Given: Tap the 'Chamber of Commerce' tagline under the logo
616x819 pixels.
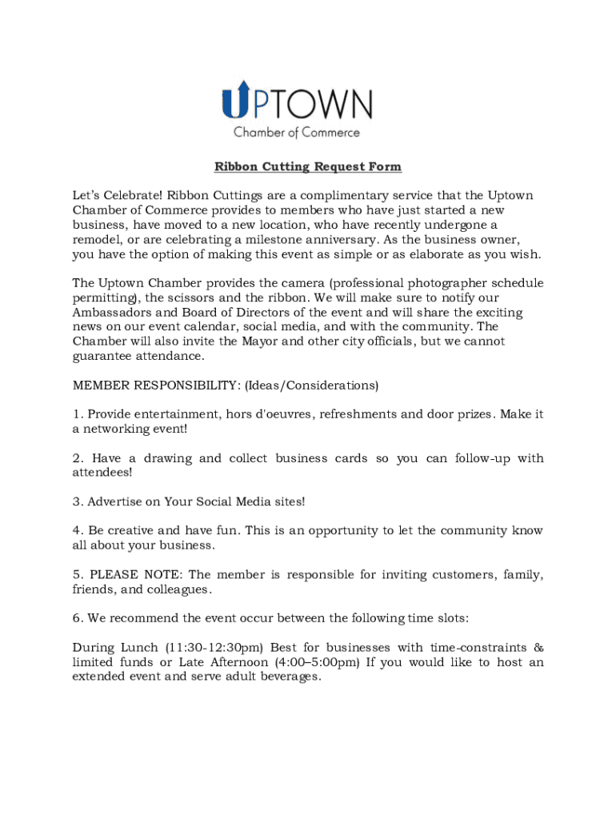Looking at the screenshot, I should pos(296,133).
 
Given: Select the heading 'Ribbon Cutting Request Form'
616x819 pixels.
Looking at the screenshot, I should pos(307,167).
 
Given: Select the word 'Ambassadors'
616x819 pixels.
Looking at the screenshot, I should pos(109,313).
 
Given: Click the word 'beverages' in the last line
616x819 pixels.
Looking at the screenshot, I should pos(287,677).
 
